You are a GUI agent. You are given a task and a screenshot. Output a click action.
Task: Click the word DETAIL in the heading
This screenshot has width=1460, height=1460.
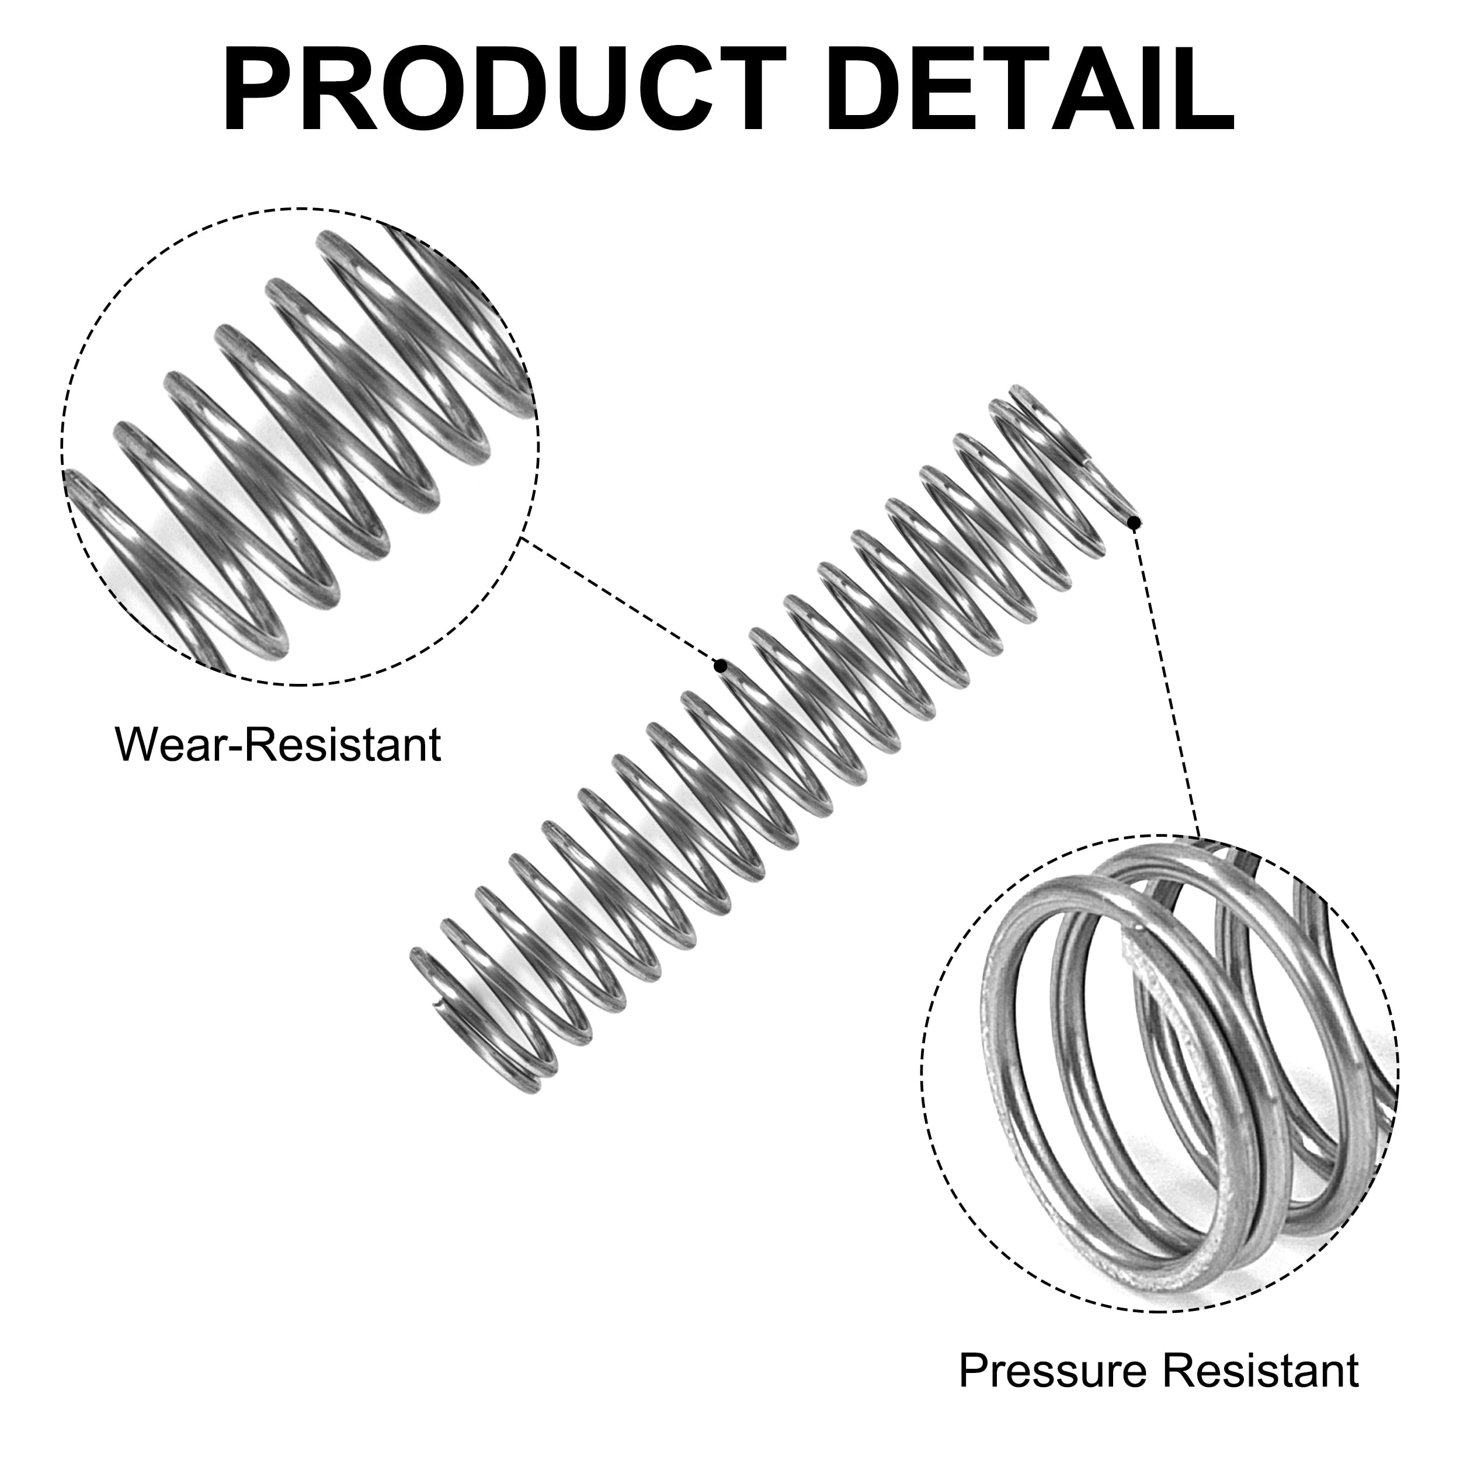pos(1031,89)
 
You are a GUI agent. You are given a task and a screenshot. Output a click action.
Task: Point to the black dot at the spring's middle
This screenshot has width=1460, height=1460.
pos(721,666)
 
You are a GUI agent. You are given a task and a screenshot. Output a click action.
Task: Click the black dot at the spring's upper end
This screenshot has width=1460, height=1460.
pos(1134,522)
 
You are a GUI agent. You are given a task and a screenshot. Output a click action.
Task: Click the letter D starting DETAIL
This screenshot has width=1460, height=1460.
pos(869,89)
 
